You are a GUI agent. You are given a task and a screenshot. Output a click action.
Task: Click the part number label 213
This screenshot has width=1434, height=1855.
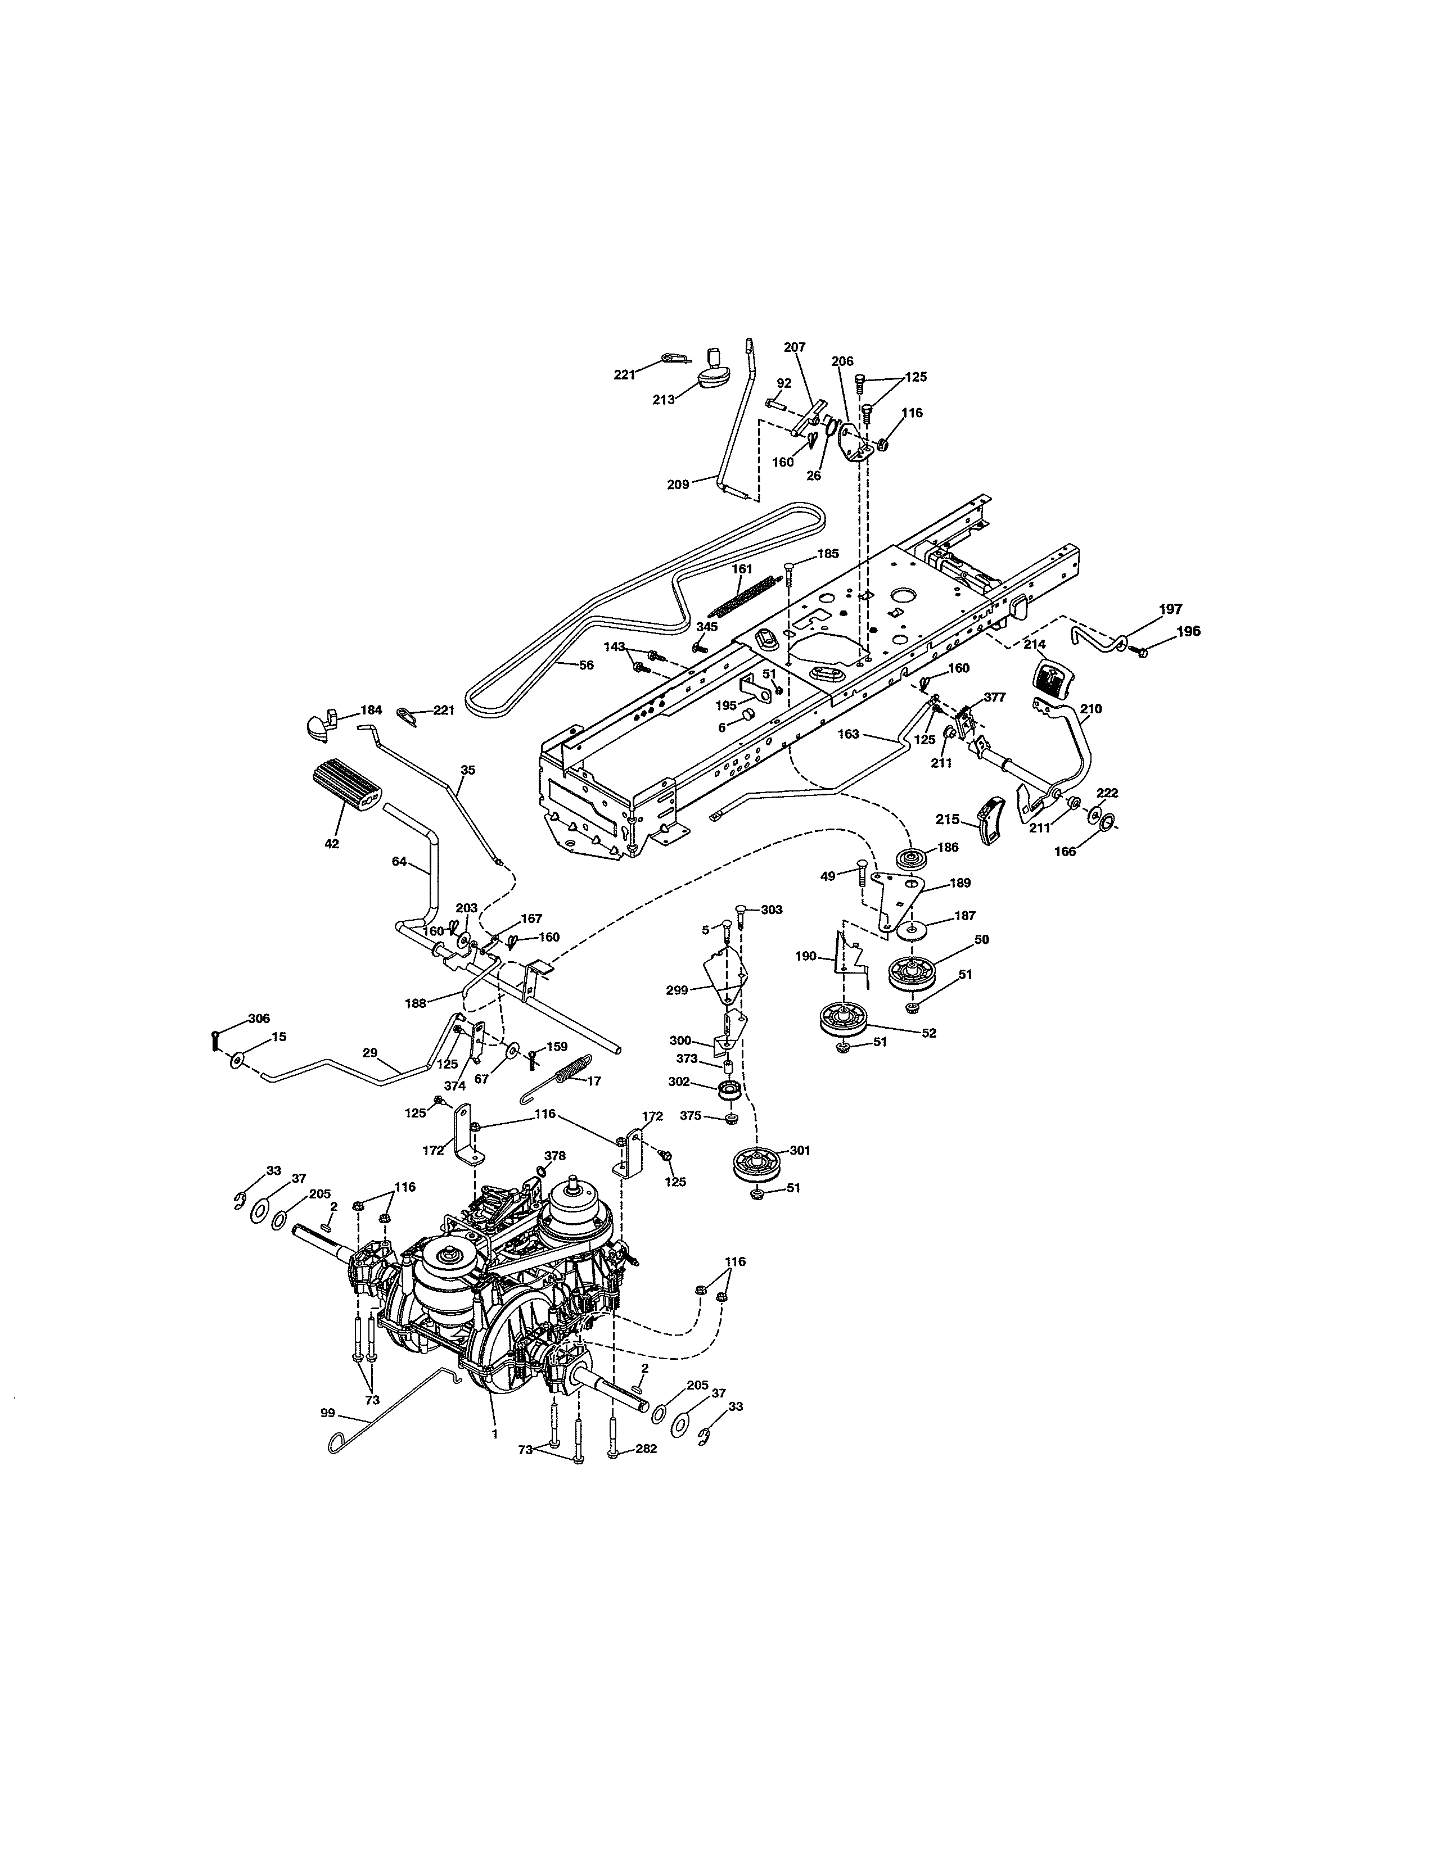(x=664, y=399)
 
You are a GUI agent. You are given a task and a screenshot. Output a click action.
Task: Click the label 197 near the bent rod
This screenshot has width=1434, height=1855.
(x=1171, y=609)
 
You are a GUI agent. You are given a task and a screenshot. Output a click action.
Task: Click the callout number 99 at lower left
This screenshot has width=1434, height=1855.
(x=328, y=1413)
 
